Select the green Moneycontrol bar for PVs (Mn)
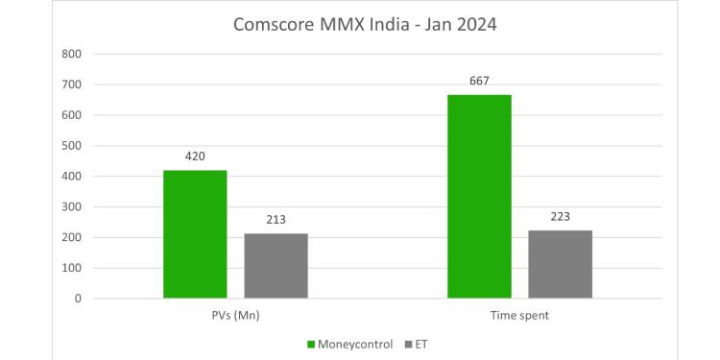tap(195, 234)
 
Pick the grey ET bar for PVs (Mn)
tap(276, 266)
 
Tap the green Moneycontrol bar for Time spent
tap(479, 197)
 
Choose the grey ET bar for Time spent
tap(560, 264)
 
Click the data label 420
tap(195, 156)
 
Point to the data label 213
tap(276, 220)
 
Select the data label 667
tap(479, 81)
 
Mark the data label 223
tap(560, 217)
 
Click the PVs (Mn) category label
tap(235, 316)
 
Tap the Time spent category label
tap(519, 316)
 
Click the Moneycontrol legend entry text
tap(355, 343)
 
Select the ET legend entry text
tap(422, 343)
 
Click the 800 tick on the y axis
tap(71, 54)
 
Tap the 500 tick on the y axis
tap(71, 146)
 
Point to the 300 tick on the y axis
tap(71, 206)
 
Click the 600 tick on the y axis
tap(71, 115)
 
